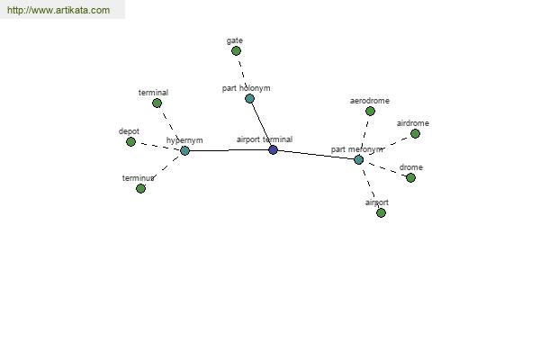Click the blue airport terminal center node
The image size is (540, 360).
[x=273, y=149]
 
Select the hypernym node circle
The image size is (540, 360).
[x=184, y=150]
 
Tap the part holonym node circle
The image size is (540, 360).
[x=249, y=98]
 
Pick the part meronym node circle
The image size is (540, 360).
[x=358, y=159]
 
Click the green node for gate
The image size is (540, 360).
[x=236, y=50]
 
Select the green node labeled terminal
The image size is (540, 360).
[x=157, y=103]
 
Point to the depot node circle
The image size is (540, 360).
[x=130, y=141]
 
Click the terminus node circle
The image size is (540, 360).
[x=140, y=188]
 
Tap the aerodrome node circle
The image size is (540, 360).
[x=370, y=111]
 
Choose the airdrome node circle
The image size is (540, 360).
[x=415, y=133]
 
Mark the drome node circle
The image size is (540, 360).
[x=410, y=177]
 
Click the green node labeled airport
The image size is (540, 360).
[x=381, y=212]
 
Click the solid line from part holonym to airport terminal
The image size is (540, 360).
[x=260, y=122]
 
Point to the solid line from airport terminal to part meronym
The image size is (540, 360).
[x=315, y=154]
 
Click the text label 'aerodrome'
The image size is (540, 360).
[x=369, y=101]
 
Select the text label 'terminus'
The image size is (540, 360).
[x=139, y=178]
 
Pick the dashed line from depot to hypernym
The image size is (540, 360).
[x=157, y=146]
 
